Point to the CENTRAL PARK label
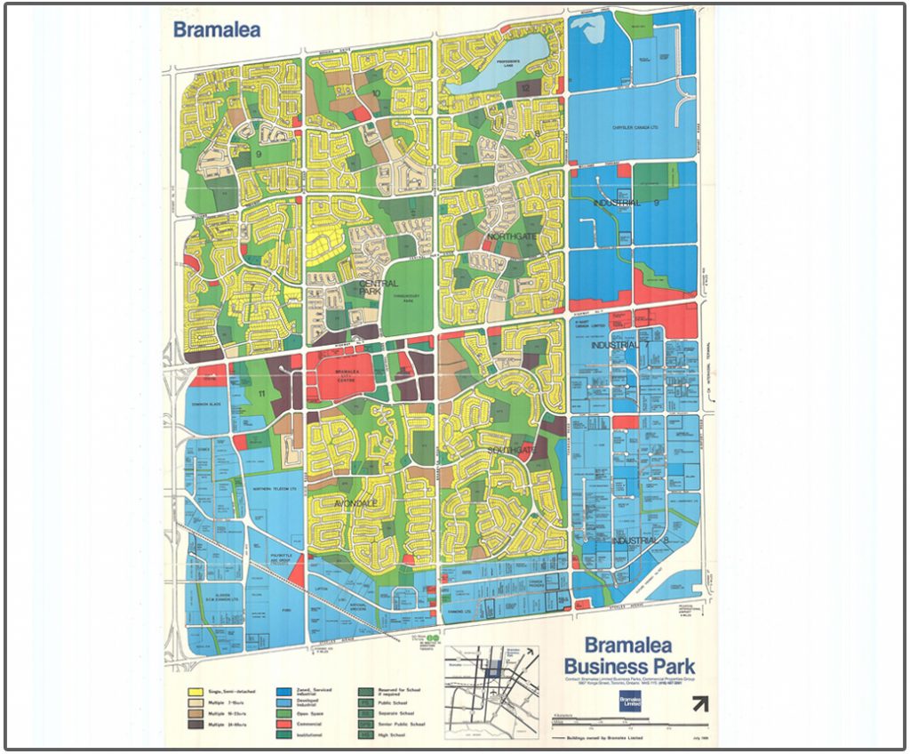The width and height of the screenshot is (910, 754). click(378, 287)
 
